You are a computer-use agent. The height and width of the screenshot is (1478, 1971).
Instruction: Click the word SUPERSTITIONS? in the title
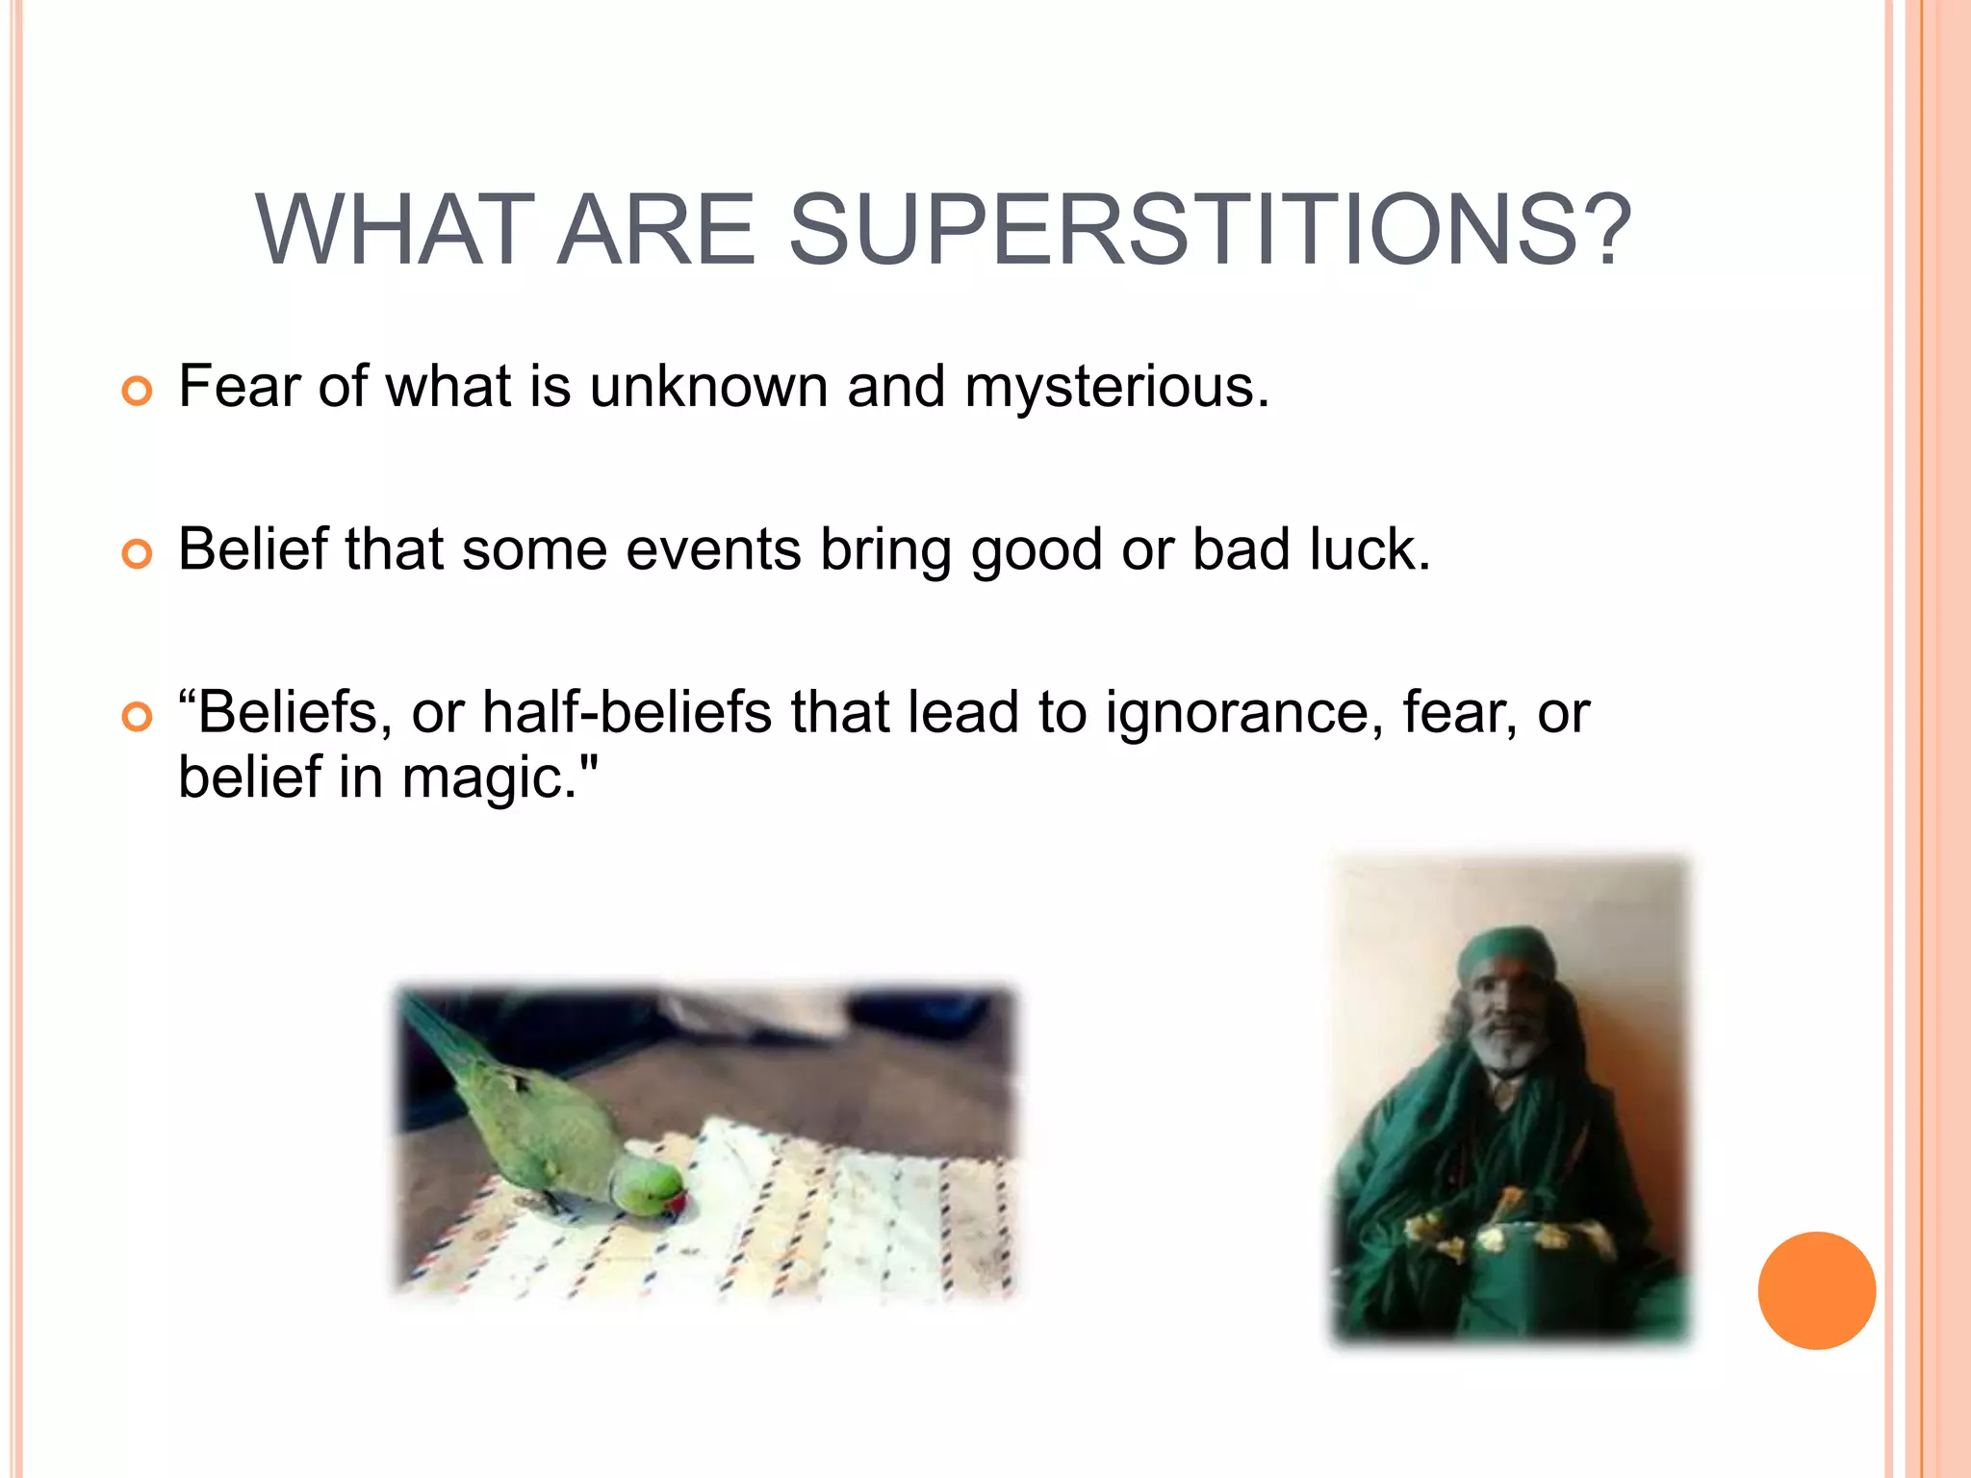coord(1210,231)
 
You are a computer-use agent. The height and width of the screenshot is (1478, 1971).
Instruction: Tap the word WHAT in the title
coord(394,231)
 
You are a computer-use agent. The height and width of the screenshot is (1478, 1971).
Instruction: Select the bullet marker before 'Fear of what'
coord(138,392)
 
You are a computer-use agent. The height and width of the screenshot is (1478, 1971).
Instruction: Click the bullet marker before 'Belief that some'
coord(138,554)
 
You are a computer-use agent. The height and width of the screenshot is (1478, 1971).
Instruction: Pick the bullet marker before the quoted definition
coord(138,717)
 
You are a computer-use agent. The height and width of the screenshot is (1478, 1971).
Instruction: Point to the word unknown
coord(708,388)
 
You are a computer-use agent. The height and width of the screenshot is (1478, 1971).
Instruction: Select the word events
coord(713,550)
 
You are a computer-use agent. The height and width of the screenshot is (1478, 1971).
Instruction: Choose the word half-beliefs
coord(627,714)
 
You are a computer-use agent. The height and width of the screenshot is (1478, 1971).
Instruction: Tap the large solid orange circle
coord(1816,1290)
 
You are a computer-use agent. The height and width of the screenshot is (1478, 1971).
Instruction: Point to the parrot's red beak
coord(678,1204)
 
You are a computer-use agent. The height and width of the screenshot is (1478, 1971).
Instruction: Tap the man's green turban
coord(1506,953)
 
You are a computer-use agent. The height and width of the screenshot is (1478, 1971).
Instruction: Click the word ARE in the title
coord(656,231)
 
